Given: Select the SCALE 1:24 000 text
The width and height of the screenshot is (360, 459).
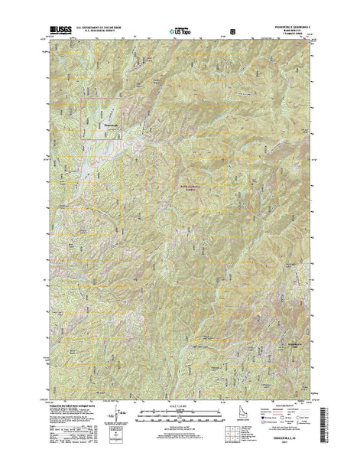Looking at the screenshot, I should point(180,418).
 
